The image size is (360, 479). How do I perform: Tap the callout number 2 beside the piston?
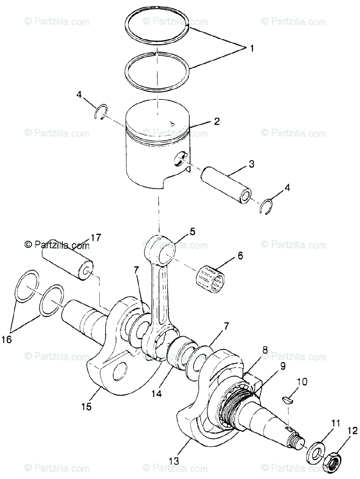click(217, 121)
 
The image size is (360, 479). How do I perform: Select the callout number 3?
click(240, 164)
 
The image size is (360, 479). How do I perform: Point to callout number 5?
click(192, 231)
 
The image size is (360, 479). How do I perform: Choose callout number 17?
click(95, 238)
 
